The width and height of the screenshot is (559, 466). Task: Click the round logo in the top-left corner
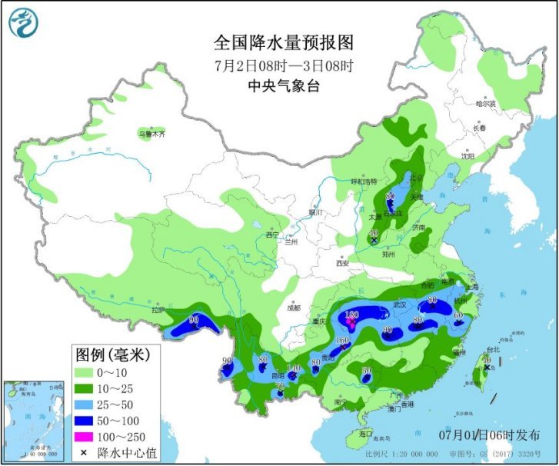22,22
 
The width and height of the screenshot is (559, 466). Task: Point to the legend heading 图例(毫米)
112,354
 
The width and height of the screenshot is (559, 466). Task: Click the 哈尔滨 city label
485,103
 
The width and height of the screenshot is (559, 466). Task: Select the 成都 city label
294,308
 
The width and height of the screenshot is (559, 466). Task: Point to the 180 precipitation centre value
353,315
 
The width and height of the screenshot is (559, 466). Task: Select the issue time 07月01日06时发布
490,435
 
